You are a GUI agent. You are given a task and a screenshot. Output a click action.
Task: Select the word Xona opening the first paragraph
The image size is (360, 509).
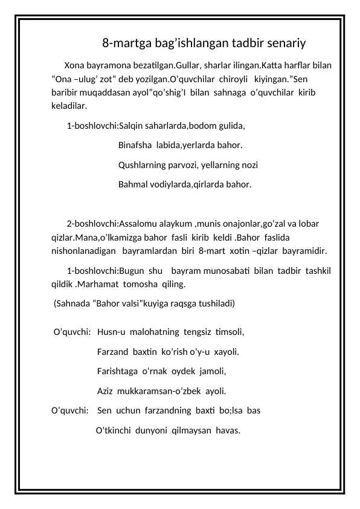pos(75,65)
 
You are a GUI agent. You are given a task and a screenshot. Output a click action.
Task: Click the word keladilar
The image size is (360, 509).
pos(69,106)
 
